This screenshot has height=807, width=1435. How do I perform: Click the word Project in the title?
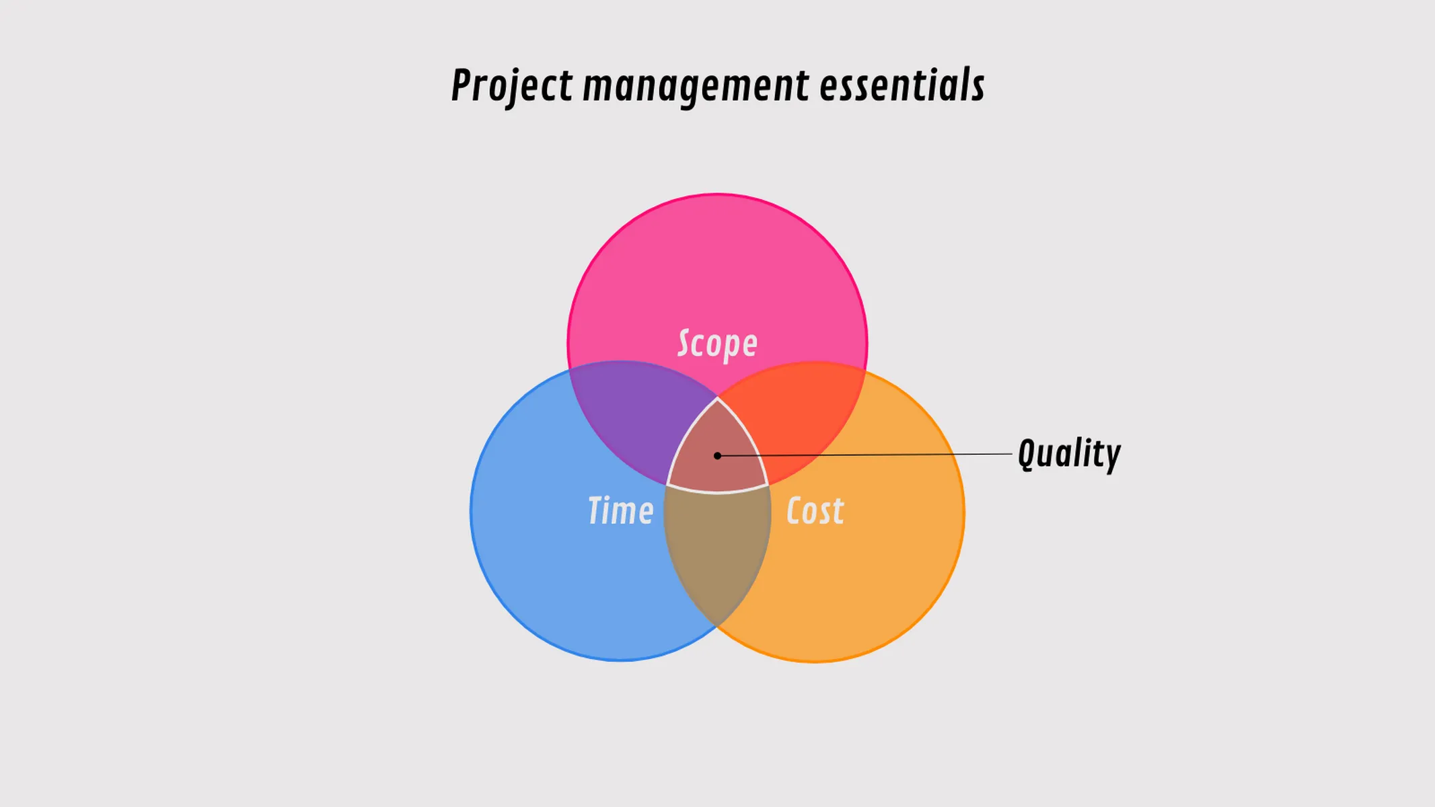click(x=511, y=86)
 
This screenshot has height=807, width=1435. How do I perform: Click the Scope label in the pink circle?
click(x=717, y=344)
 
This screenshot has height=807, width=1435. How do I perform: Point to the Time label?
click(x=620, y=510)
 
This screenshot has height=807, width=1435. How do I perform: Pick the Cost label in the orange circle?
click(x=815, y=511)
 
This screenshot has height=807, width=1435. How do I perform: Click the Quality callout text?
click(x=1069, y=454)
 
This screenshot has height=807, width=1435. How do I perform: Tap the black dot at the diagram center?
click(x=717, y=456)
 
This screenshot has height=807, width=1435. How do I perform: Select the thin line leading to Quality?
click(x=875, y=455)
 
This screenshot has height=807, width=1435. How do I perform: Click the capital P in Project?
click(x=462, y=86)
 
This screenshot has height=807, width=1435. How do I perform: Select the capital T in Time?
click(x=596, y=510)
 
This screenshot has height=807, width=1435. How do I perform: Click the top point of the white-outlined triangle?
click(x=717, y=399)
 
